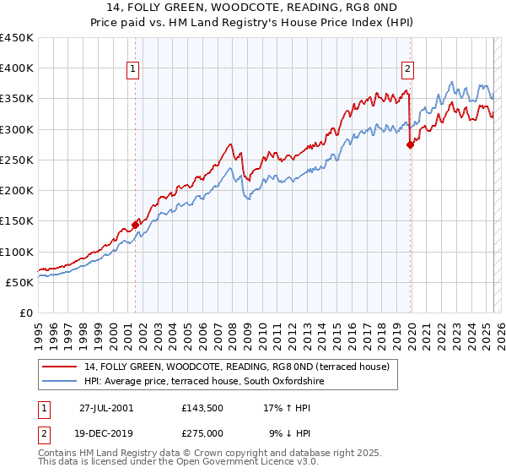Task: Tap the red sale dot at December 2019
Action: (411, 145)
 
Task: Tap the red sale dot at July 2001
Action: (135, 226)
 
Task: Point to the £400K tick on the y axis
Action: (17, 68)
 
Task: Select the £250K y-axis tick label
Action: (17, 160)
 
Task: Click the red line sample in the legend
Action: (60, 367)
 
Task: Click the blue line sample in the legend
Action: (60, 382)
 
